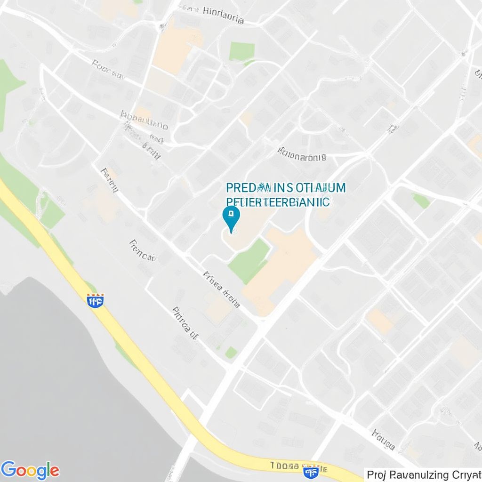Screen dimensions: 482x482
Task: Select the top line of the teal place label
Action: (x=285, y=188)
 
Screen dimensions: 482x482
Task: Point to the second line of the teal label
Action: (x=278, y=201)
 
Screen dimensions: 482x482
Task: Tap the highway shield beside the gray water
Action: (x=96, y=300)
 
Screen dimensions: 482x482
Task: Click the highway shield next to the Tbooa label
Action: (x=310, y=471)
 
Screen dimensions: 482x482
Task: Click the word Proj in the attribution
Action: (x=377, y=474)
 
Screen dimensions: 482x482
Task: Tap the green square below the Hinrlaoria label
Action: (x=242, y=51)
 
